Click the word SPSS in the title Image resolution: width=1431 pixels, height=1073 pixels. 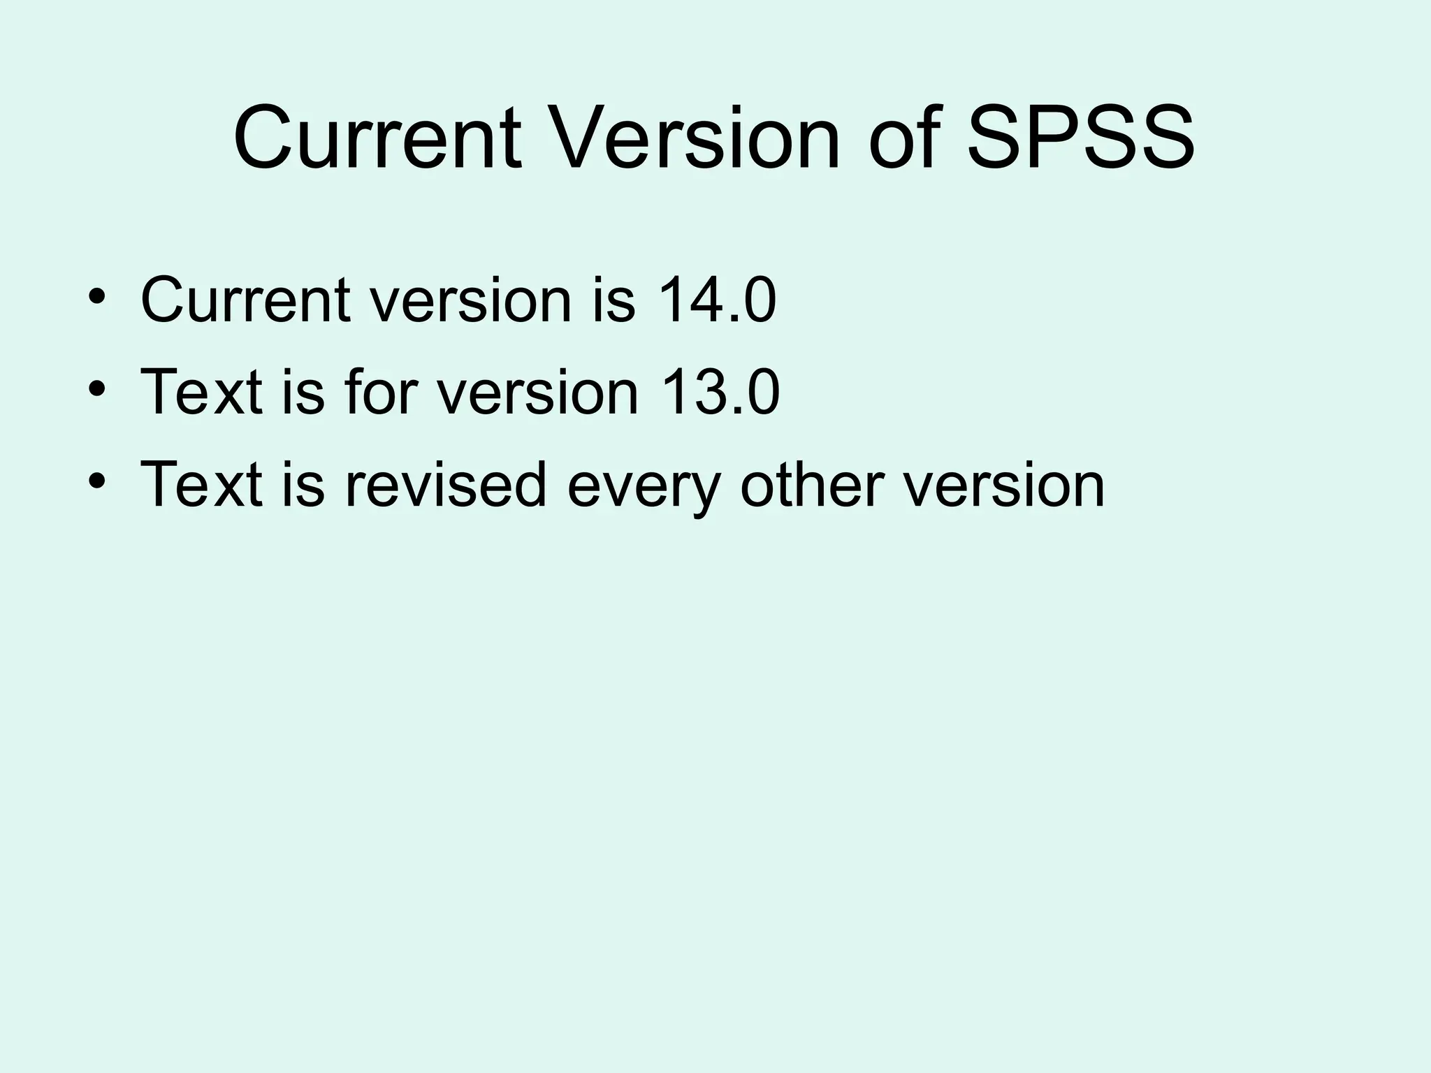coord(1080,138)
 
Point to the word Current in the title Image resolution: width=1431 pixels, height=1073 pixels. coord(377,138)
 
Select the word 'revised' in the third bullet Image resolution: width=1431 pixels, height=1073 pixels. coord(445,484)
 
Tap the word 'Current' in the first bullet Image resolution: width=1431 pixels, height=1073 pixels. coord(245,300)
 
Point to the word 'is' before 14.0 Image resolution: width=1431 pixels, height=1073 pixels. coord(613,300)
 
